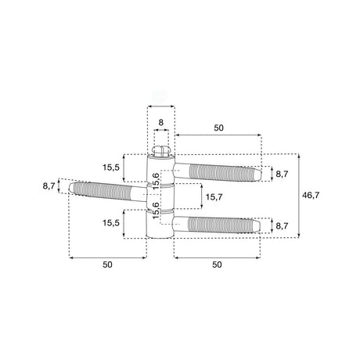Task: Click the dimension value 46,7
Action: (311, 195)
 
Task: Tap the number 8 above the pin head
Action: (161, 122)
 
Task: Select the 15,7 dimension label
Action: (214, 197)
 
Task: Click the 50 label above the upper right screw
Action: (219, 128)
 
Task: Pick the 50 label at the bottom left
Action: (107, 265)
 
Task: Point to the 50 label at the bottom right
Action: (217, 265)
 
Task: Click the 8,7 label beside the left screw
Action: (49, 186)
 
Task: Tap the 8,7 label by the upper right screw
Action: (282, 174)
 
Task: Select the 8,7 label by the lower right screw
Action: (282, 226)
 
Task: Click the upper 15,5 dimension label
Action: (111, 167)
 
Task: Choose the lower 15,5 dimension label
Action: (111, 223)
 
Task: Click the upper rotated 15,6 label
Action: (156, 181)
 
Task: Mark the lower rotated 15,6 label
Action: (156, 211)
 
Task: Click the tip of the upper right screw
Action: (261, 175)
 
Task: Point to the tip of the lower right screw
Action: (260, 226)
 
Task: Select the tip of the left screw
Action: (69, 187)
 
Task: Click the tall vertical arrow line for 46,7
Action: (298, 196)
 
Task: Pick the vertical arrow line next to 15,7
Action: (201, 196)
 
